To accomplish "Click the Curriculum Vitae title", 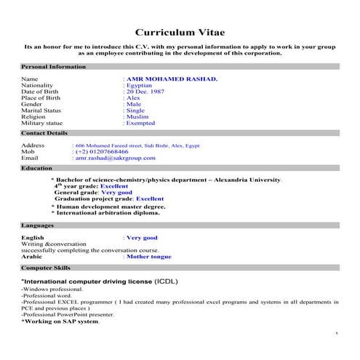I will [x=180, y=32].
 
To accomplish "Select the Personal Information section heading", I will [x=53, y=66].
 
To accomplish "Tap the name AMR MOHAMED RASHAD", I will [x=172, y=78].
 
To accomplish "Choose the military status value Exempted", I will [x=143, y=124].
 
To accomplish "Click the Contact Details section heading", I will [x=44, y=133].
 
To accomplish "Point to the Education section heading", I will [x=36, y=168].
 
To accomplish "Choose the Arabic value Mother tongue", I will [x=149, y=257].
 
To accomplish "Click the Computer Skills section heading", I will [x=46, y=268].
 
